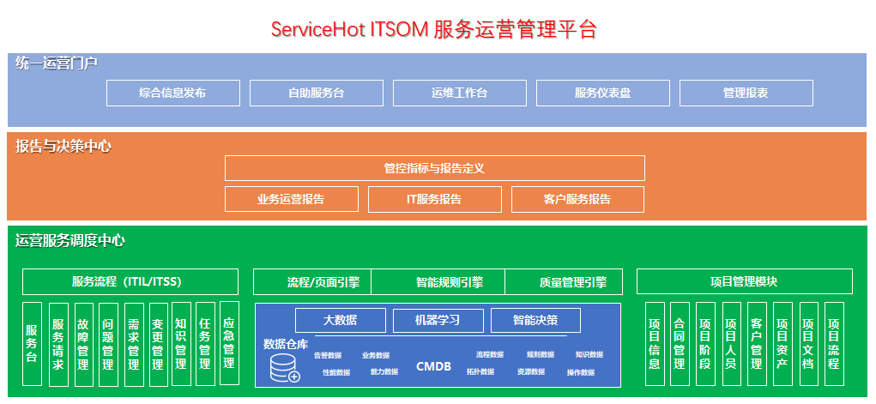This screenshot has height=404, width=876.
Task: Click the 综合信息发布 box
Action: pos(172,93)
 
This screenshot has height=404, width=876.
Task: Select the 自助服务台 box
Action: pos(316,93)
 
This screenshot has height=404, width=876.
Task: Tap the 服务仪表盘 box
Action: pos(602,93)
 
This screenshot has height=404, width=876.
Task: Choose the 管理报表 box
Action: pos(746,93)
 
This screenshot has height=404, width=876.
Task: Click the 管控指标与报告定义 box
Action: pos(434,168)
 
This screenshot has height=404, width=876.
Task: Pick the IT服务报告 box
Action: pos(434,199)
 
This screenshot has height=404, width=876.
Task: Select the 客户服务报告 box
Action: pos(577,199)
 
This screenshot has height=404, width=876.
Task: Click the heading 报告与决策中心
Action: pos(63,146)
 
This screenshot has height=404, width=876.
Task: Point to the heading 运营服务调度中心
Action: pos(70,240)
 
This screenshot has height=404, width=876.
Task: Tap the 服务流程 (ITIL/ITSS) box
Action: pos(130,281)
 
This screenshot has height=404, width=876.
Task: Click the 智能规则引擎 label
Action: pos(449,281)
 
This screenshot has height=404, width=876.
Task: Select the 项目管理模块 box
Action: pos(744,281)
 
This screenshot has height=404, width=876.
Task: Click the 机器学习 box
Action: pos(438,320)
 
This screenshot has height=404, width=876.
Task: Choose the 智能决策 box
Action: pos(535,320)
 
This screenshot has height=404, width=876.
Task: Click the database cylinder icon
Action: pos(284,368)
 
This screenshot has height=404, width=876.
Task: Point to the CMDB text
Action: pos(433,366)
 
